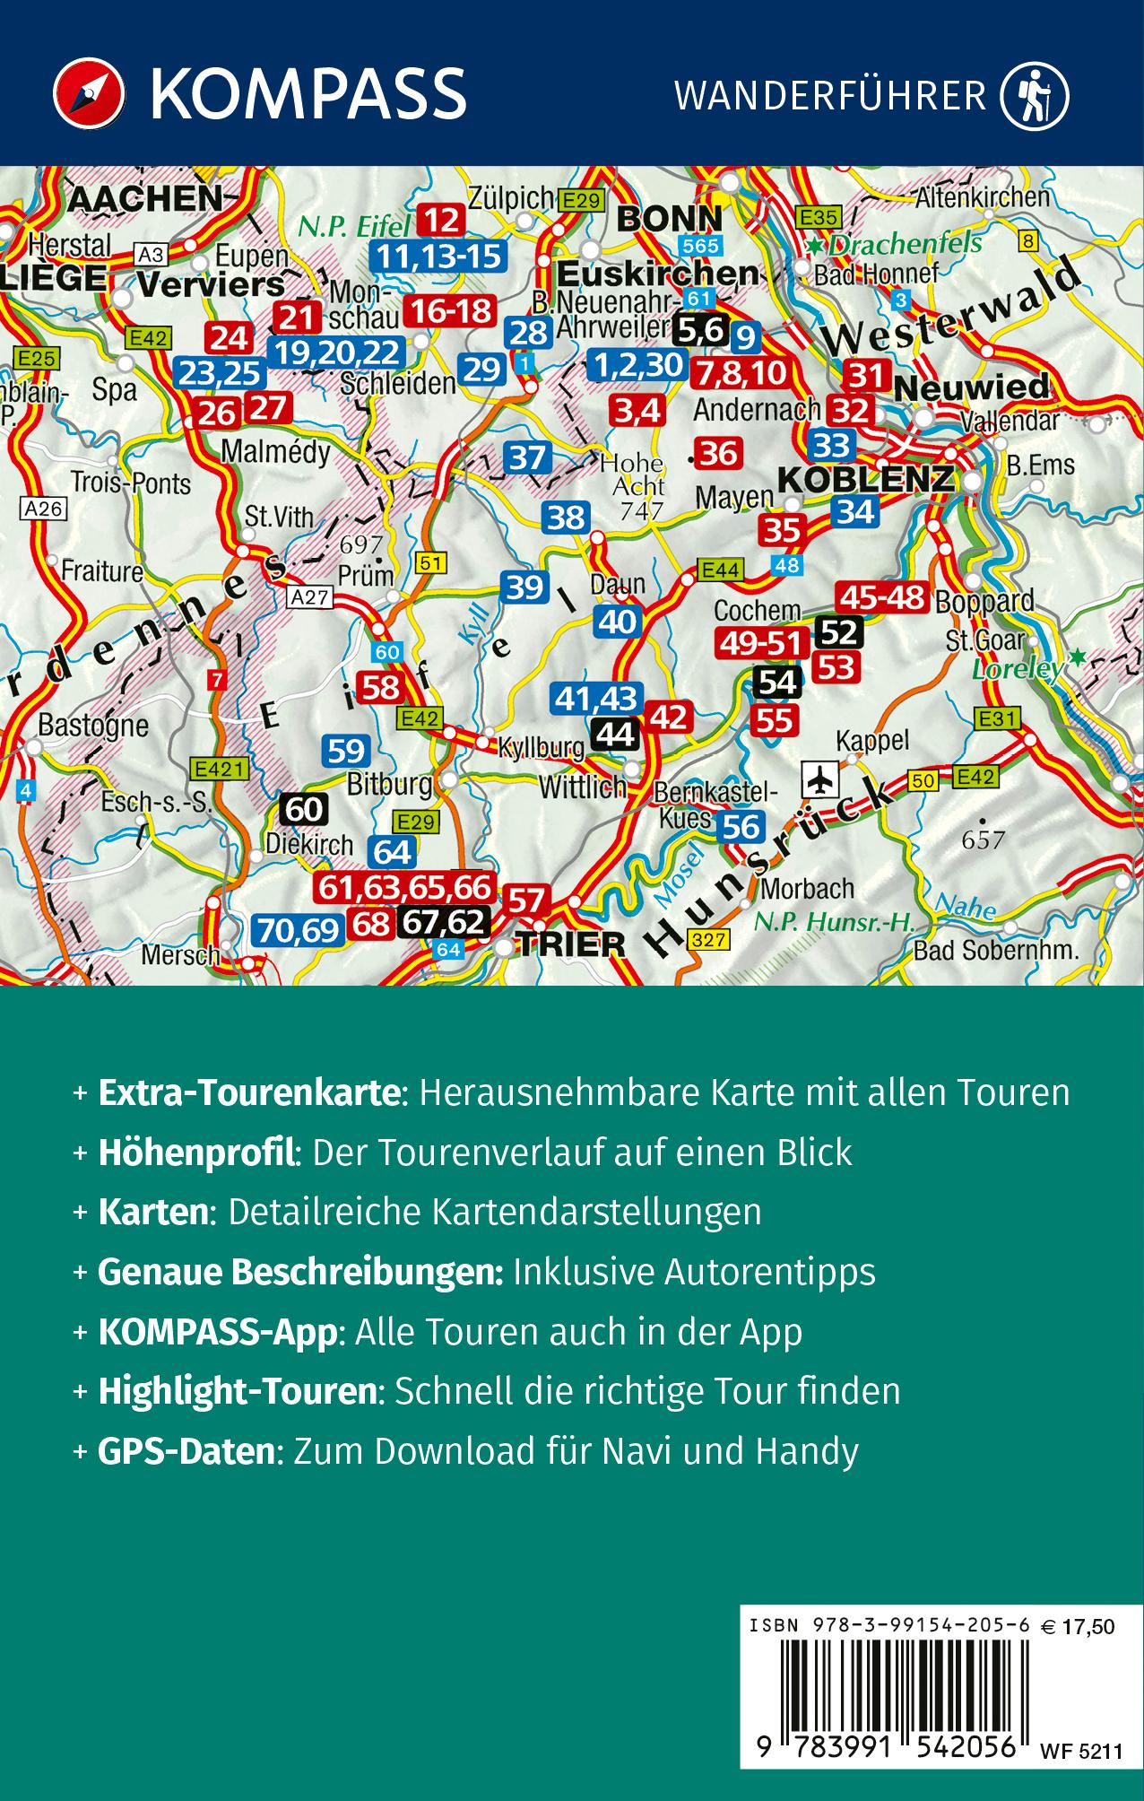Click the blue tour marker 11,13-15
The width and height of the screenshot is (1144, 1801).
point(438,257)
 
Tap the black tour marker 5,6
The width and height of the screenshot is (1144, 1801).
point(700,331)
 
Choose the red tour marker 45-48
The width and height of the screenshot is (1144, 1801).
point(880,596)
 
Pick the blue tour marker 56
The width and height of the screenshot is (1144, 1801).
point(741,826)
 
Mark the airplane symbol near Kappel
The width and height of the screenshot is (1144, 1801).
point(819,779)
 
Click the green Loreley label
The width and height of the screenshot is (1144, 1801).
point(1018,668)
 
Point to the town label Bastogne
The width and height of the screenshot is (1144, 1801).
point(93,726)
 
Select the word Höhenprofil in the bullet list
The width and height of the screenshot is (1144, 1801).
point(196,1153)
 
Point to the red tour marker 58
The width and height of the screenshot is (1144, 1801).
point(380,687)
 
